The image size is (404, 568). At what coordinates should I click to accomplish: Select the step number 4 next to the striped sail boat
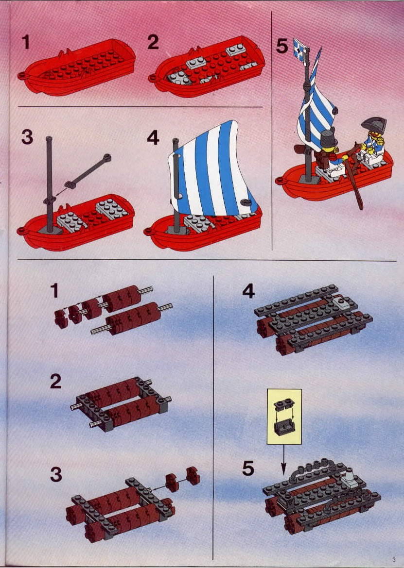click(x=153, y=137)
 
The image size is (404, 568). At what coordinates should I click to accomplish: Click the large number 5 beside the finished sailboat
click(x=282, y=46)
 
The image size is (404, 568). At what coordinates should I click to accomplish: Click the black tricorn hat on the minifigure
click(x=373, y=125)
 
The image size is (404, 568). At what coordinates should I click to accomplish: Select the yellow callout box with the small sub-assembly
click(x=284, y=417)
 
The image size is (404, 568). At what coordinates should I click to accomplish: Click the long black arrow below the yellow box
click(x=283, y=459)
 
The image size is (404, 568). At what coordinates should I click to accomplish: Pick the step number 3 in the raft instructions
click(x=55, y=474)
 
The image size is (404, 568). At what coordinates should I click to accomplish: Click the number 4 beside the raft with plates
click(x=248, y=291)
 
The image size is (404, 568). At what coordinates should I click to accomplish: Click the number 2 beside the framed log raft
click(x=55, y=382)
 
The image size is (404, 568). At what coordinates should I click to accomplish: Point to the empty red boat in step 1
click(x=77, y=67)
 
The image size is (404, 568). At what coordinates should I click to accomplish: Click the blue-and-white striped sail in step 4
click(x=213, y=168)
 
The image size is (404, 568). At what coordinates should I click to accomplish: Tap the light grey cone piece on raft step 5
click(x=350, y=476)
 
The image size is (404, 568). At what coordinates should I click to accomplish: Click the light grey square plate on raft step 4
click(x=342, y=303)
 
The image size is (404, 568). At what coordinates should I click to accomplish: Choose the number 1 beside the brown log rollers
click(x=54, y=290)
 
